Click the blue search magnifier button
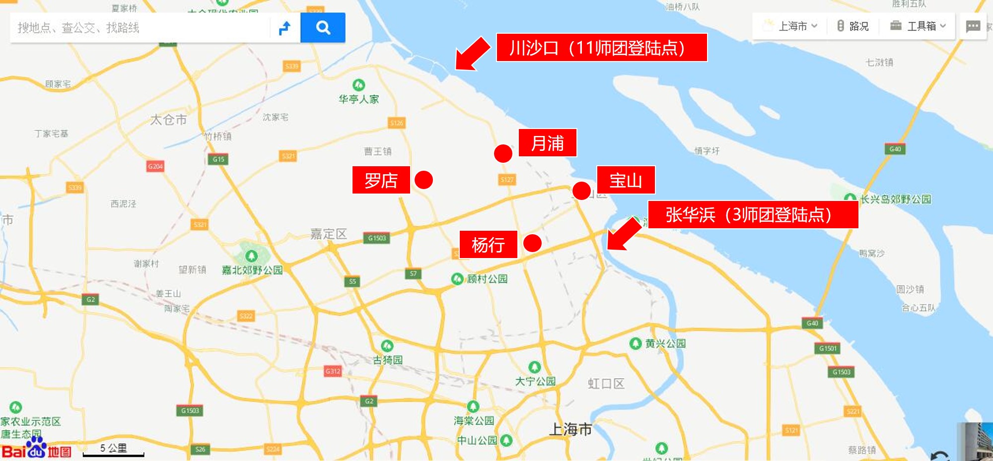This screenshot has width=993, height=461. point(323,28)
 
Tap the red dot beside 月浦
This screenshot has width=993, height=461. point(503,153)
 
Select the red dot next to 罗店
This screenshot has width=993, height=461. point(424,180)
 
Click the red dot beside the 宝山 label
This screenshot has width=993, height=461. point(581,191)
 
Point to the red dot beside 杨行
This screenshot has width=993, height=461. point(532,243)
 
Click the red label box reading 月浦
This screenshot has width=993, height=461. point(547,143)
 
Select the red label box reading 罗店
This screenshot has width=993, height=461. point(381,180)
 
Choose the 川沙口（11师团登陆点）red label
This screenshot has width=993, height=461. point(601,48)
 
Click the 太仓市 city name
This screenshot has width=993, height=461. point(168,120)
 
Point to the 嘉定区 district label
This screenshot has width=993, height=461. point(328,234)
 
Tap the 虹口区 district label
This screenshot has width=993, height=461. point(606,384)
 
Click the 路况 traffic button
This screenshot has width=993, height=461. point(853,26)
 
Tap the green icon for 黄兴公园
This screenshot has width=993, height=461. point(635,343)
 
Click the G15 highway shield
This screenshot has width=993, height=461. point(218,159)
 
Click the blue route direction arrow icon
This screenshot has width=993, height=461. point(285,28)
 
